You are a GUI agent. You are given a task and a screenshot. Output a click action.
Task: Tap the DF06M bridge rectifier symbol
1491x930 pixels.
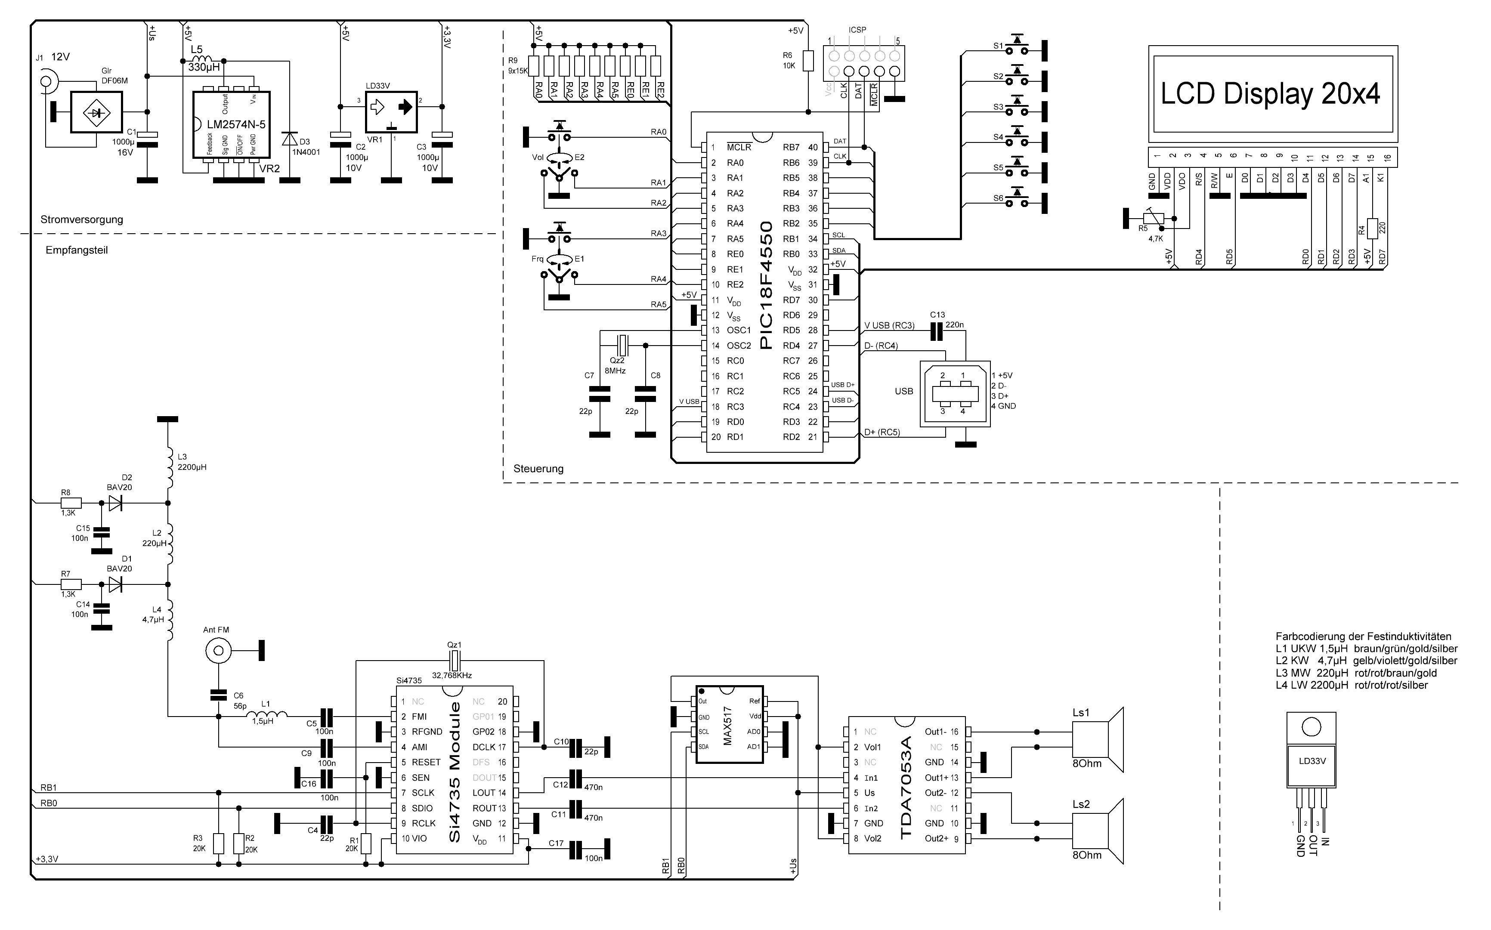click(x=96, y=112)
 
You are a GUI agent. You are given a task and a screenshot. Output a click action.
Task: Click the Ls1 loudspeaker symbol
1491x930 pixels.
click(x=1098, y=739)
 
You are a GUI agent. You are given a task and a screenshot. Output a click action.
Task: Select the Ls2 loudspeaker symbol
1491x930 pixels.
click(x=1098, y=831)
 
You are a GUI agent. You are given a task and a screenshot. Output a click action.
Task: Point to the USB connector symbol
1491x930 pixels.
click(x=955, y=394)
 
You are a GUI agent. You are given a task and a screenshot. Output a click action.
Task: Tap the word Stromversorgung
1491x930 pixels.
click(x=82, y=219)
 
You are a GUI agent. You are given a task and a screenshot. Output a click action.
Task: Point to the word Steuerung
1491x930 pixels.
click(x=538, y=469)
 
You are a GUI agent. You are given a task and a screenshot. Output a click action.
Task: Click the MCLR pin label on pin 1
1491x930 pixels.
click(x=739, y=148)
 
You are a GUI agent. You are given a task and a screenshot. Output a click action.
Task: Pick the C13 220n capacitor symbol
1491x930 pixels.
click(x=937, y=333)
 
